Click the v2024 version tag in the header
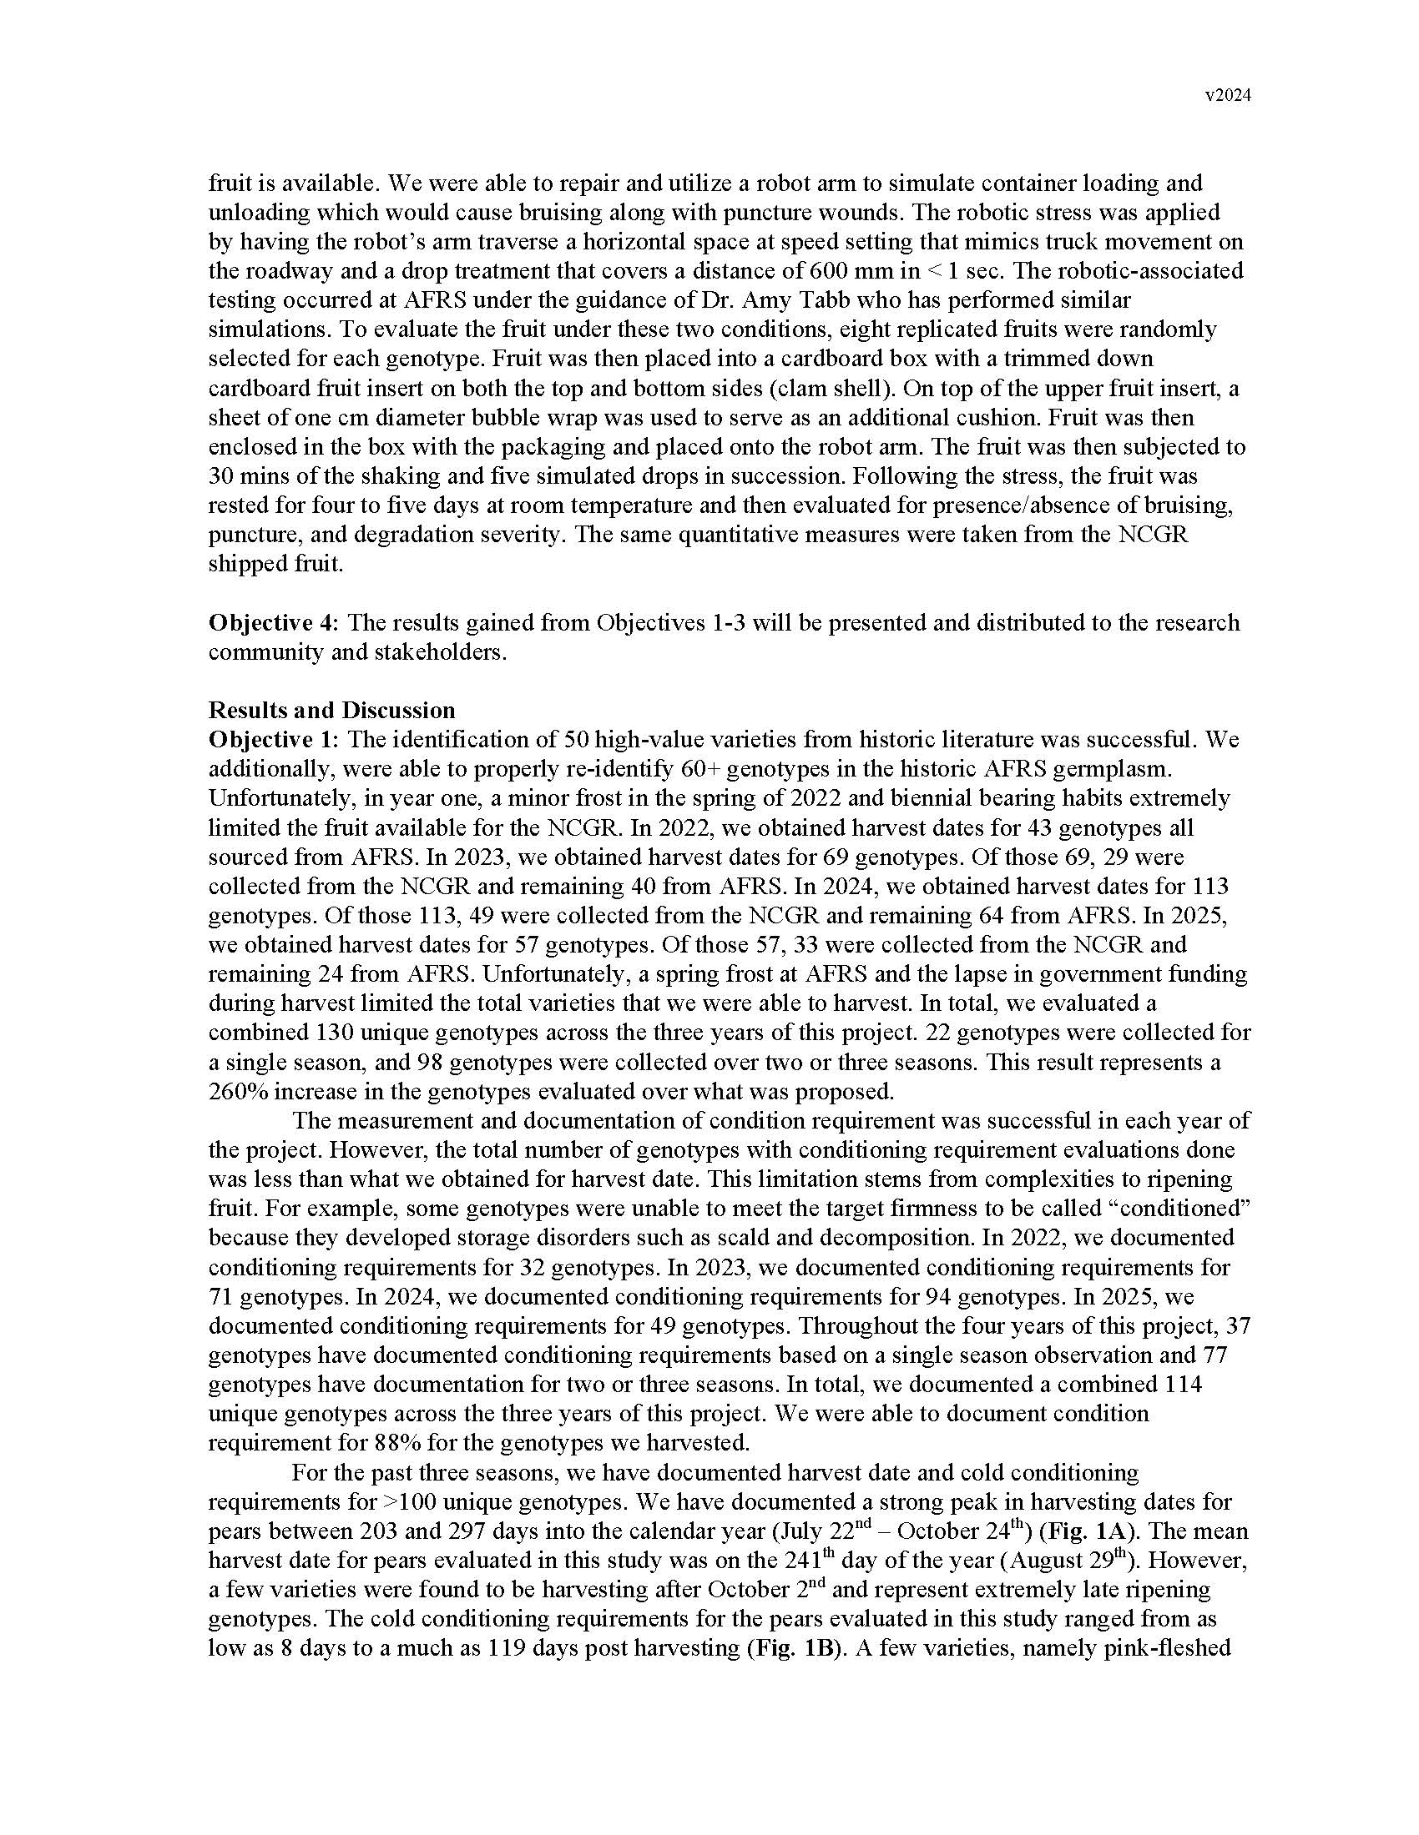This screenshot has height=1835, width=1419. [1228, 96]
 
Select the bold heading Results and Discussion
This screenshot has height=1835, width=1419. [331, 710]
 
